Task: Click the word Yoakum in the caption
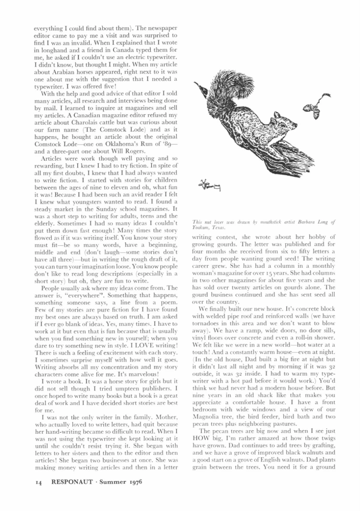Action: pyautogui.click(x=201, y=228)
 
